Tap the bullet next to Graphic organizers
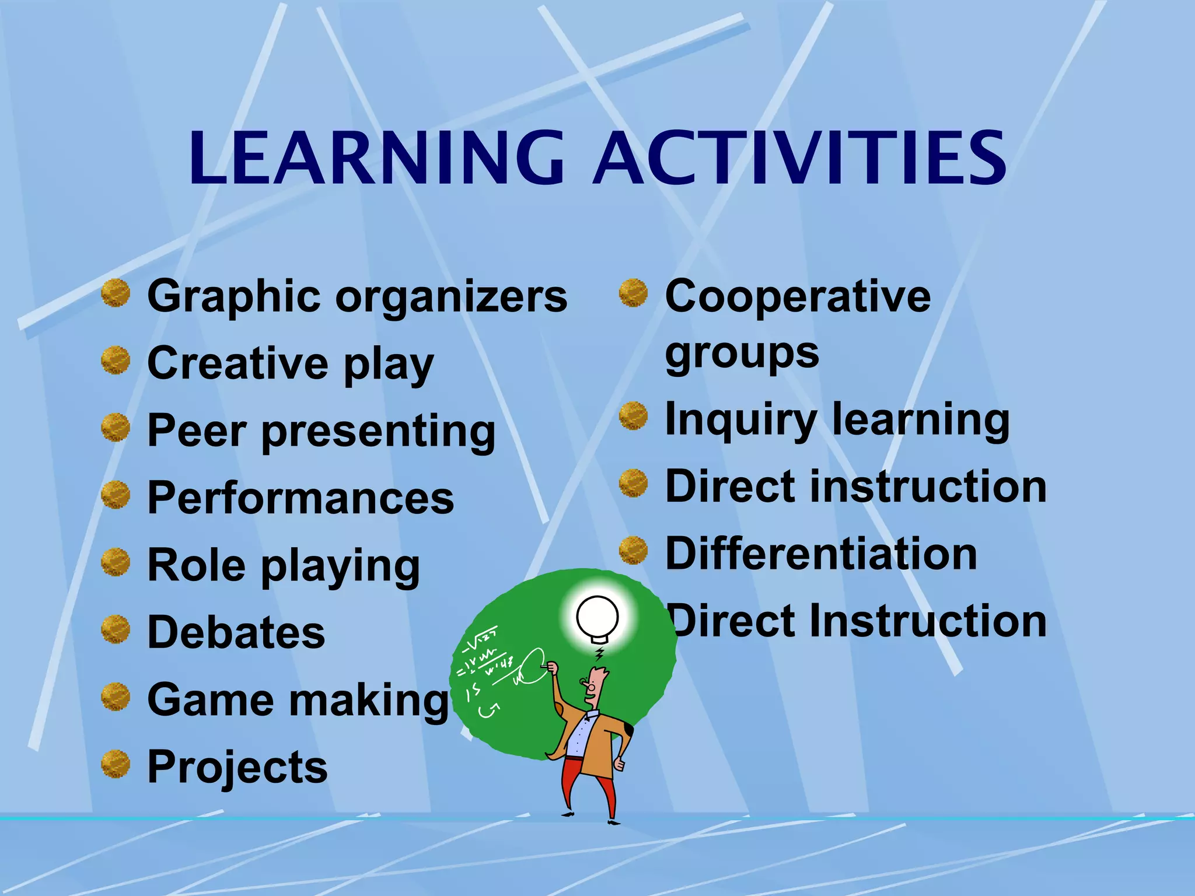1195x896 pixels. (116, 293)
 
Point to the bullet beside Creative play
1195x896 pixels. (116, 360)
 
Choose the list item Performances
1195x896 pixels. (301, 498)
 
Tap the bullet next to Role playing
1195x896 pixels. (116, 562)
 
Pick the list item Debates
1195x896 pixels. (236, 632)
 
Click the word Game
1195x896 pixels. (209, 699)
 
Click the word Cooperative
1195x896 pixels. (798, 296)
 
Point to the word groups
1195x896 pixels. (742, 353)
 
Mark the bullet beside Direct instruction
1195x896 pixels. (633, 484)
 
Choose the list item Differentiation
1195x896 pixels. (821, 554)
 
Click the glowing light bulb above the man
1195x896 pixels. (597, 617)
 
